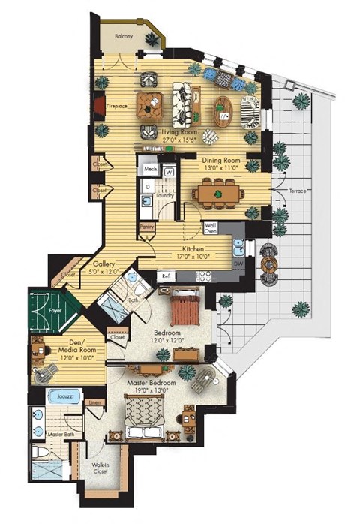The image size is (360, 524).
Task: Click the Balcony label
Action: [124, 35]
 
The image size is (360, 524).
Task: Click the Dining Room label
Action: [220, 159]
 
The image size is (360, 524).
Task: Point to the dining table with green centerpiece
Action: [217, 194]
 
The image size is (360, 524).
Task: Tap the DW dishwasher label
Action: [238, 264]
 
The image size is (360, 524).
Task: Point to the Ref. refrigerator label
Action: [166, 276]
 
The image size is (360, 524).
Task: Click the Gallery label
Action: [103, 264]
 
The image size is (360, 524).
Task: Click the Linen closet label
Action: [94, 404]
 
